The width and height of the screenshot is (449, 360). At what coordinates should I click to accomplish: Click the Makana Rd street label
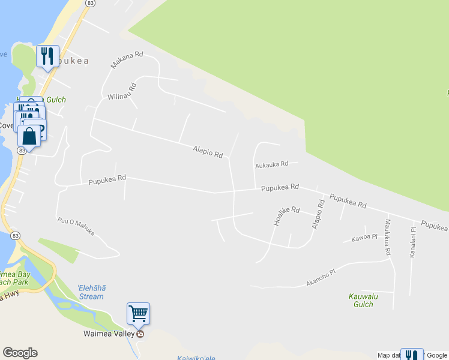(127, 59)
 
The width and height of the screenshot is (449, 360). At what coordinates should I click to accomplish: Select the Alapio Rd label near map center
(208, 151)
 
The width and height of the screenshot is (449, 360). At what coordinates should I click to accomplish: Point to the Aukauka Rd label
(271, 164)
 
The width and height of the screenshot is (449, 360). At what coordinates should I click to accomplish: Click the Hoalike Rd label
(286, 216)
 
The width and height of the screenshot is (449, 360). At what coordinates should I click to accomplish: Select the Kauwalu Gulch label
(361, 300)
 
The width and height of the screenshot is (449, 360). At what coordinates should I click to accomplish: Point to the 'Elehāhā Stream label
(91, 292)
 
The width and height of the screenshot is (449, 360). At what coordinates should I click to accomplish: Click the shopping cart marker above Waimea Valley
(138, 313)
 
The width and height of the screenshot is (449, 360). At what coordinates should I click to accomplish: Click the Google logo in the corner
(20, 353)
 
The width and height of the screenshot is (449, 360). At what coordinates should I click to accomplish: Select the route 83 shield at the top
(90, 3)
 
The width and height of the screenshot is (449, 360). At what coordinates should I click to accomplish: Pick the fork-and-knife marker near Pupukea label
(47, 56)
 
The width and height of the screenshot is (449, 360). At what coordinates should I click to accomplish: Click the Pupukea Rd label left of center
(107, 179)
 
